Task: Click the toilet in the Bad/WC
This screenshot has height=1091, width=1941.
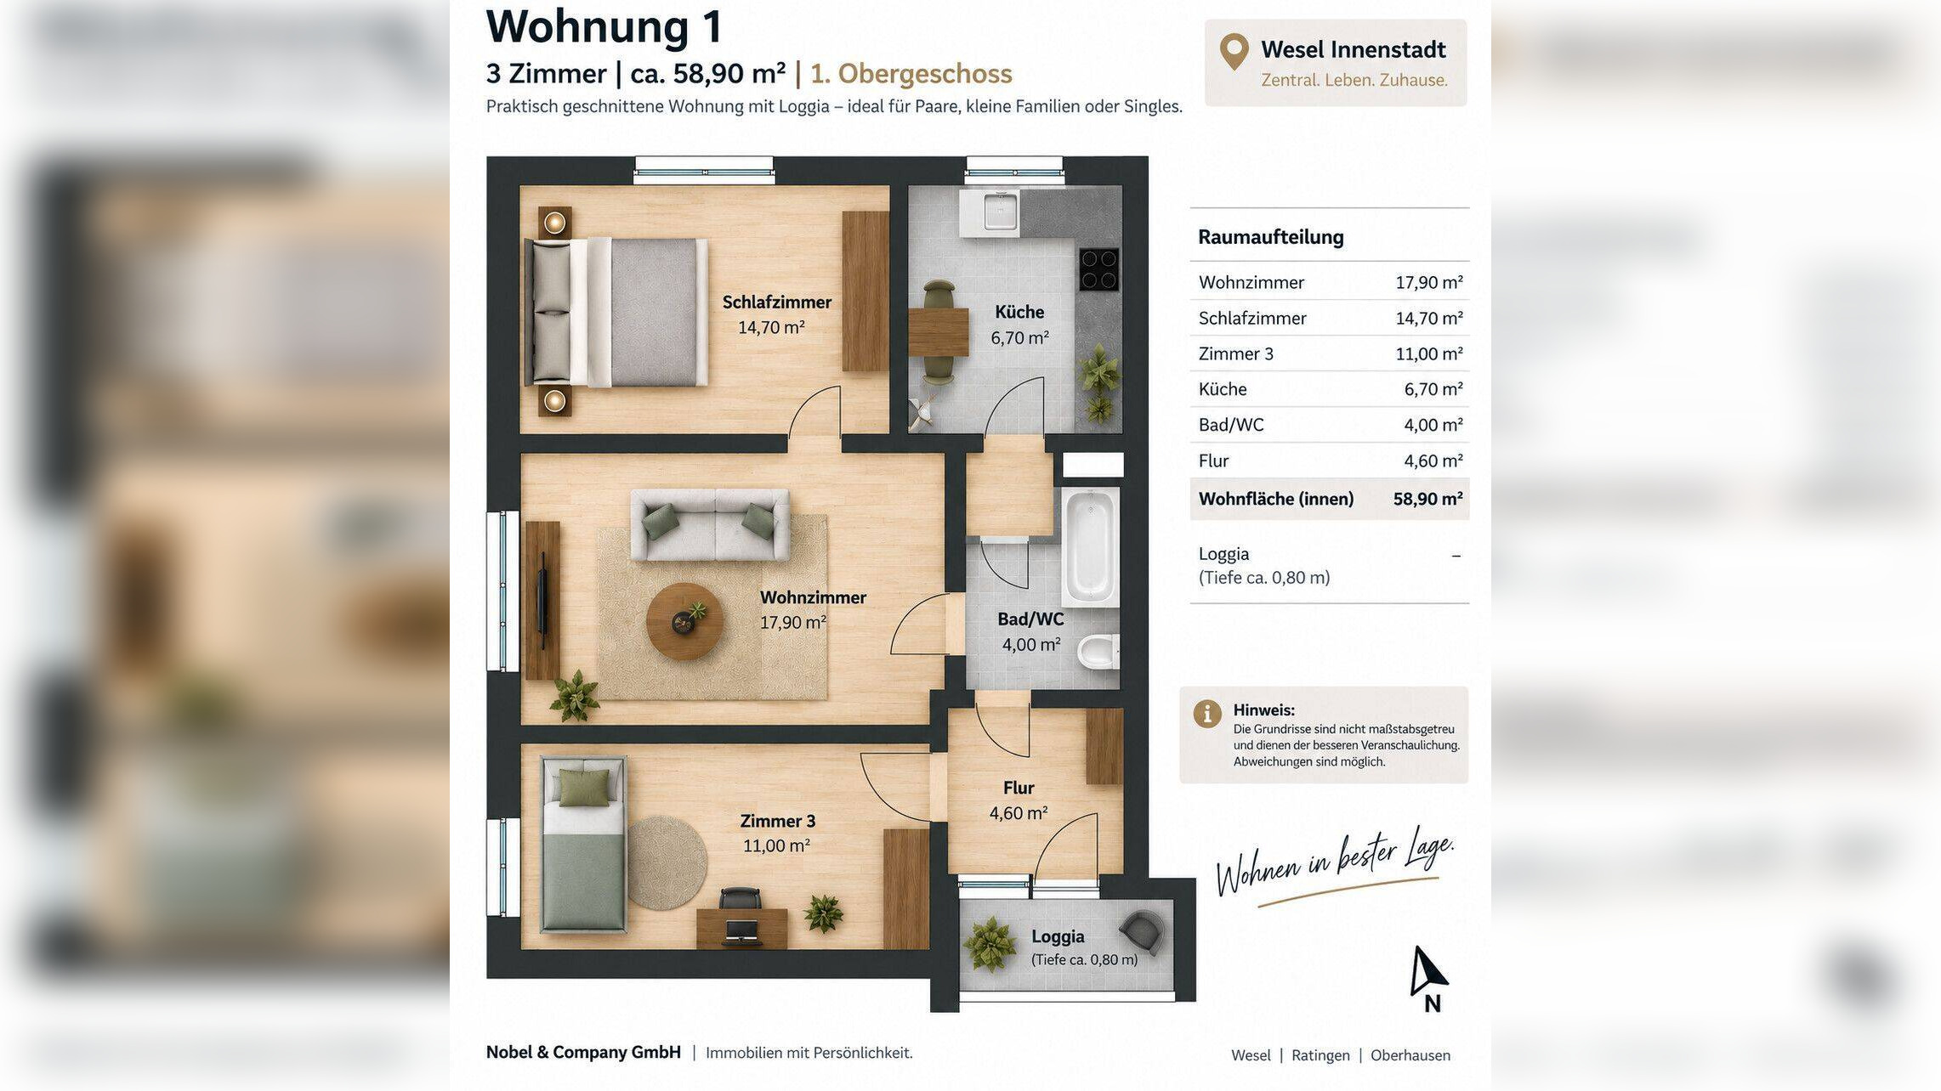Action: [x=1098, y=653]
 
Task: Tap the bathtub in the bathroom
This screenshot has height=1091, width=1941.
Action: [x=1089, y=546]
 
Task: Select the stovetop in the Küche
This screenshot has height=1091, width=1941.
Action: [x=1098, y=269]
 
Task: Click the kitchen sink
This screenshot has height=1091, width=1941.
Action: [x=1000, y=210]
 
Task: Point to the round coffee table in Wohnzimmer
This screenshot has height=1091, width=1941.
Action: [x=684, y=621]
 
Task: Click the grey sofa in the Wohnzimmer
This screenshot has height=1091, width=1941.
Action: [x=709, y=524]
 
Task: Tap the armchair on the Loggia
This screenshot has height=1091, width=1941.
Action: [x=1141, y=932]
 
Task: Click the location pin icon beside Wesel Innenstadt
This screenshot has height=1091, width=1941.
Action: [x=1234, y=52]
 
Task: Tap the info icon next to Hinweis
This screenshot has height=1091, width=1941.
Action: [x=1206, y=714]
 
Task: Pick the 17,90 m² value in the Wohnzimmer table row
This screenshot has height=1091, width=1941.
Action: [x=1428, y=282]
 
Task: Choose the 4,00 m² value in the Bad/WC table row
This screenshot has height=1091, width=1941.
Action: [x=1433, y=425]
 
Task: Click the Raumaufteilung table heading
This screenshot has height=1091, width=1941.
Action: [x=1270, y=237]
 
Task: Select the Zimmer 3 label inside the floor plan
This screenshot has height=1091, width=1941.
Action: [x=777, y=821]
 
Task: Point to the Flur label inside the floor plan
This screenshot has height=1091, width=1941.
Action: [x=1018, y=788]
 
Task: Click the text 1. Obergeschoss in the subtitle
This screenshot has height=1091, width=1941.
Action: [x=911, y=74]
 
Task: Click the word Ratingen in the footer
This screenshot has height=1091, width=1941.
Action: [x=1320, y=1055]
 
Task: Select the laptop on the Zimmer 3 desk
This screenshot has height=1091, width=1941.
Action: [x=741, y=929]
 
